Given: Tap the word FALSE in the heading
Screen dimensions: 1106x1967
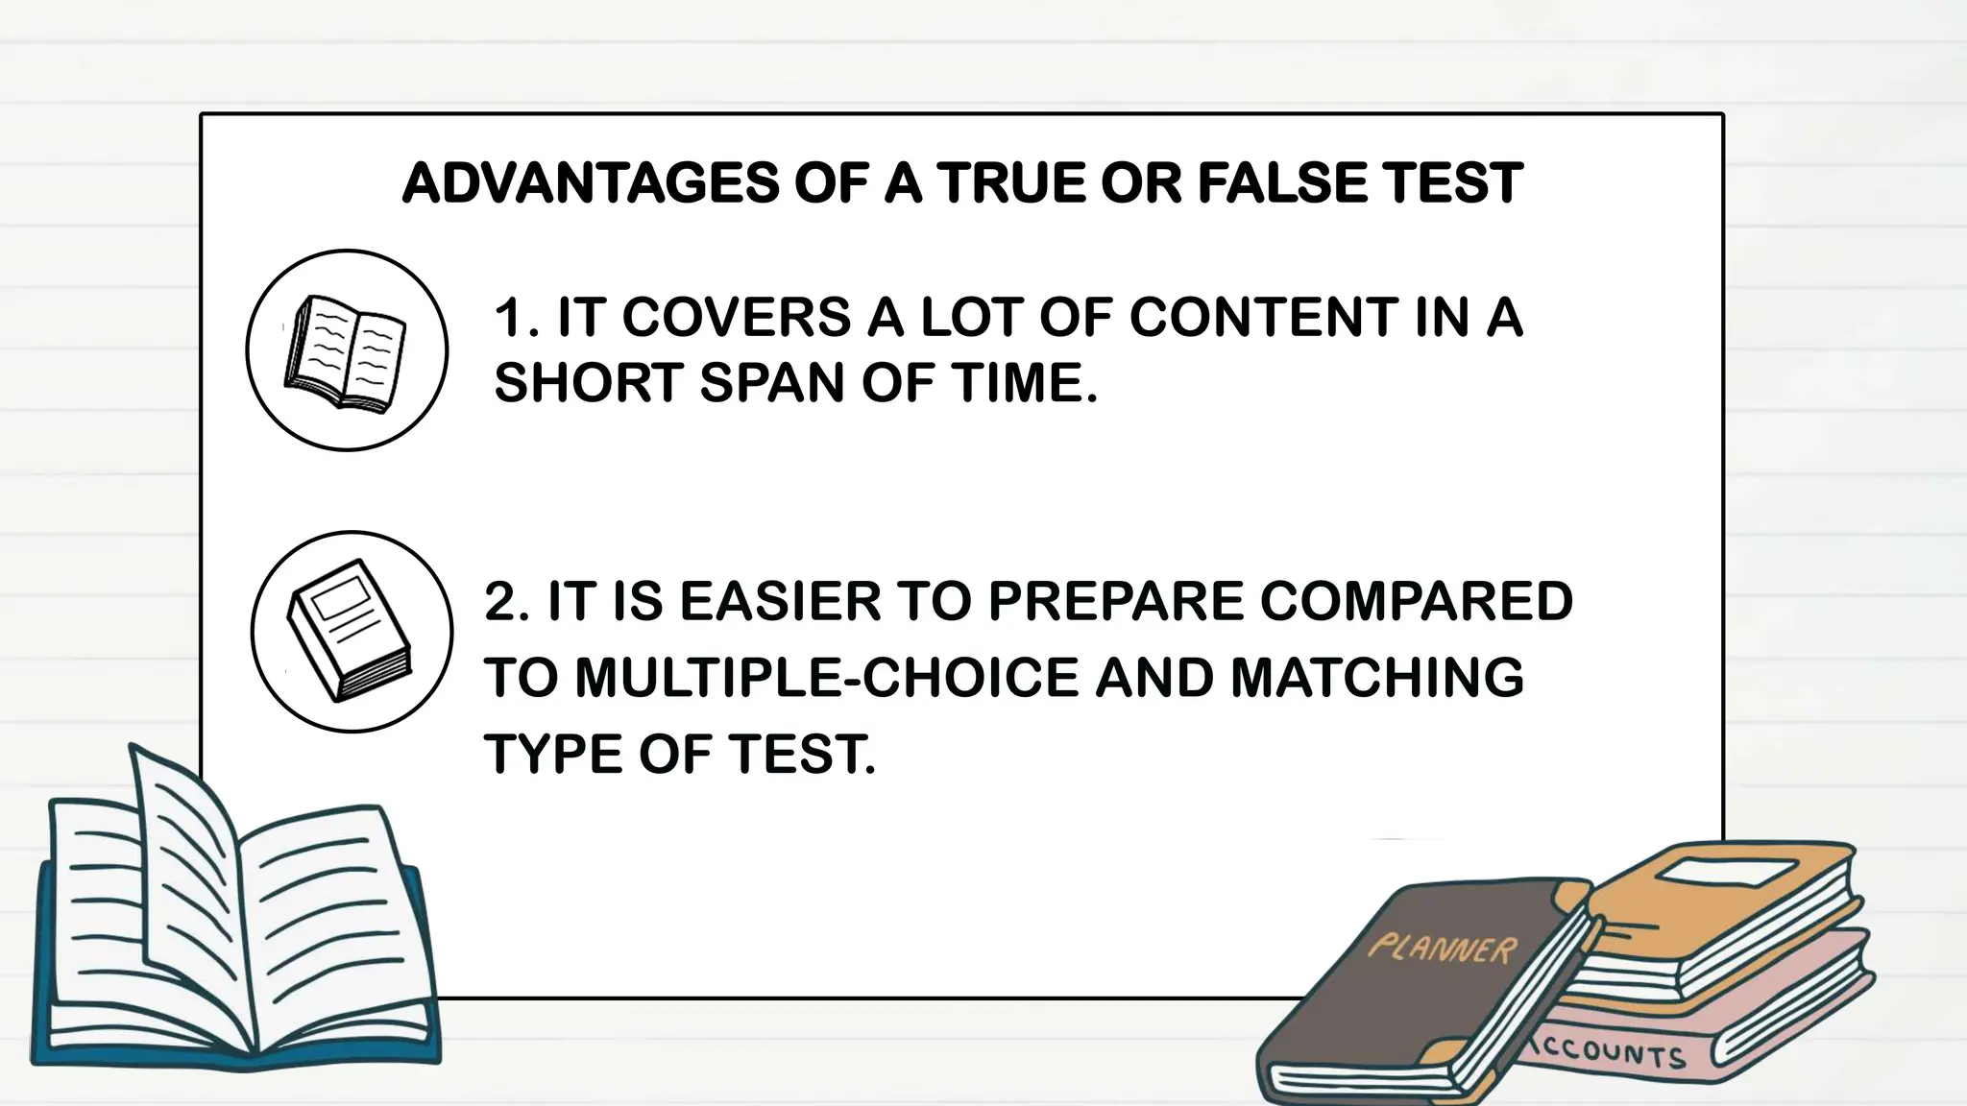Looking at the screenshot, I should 1282,183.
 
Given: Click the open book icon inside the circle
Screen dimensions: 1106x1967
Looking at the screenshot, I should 346,352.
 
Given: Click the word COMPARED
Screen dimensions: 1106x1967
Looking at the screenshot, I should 1416,601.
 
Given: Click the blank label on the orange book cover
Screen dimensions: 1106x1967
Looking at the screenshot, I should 1728,873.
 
